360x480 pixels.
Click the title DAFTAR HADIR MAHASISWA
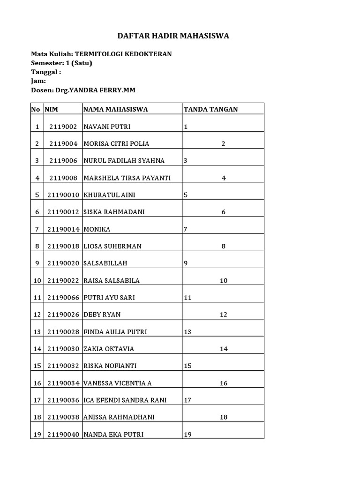click(x=173, y=36)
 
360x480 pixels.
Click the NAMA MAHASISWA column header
click(x=115, y=109)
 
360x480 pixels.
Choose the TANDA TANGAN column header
click(x=210, y=109)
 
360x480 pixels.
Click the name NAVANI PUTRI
click(x=107, y=127)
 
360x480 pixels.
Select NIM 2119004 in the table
click(x=63, y=143)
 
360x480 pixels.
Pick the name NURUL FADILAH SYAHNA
click(x=124, y=161)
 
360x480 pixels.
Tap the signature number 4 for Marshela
click(x=224, y=178)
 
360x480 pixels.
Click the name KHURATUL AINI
click(x=106, y=195)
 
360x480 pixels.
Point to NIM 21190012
click(x=63, y=212)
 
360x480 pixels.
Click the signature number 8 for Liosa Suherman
click(x=224, y=246)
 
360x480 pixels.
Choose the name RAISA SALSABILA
click(x=112, y=280)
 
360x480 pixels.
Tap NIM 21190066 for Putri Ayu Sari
click(x=63, y=298)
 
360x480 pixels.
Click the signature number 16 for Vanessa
click(x=224, y=383)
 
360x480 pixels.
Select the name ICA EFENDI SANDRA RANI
click(x=125, y=400)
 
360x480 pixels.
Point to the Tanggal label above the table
click(x=46, y=72)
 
